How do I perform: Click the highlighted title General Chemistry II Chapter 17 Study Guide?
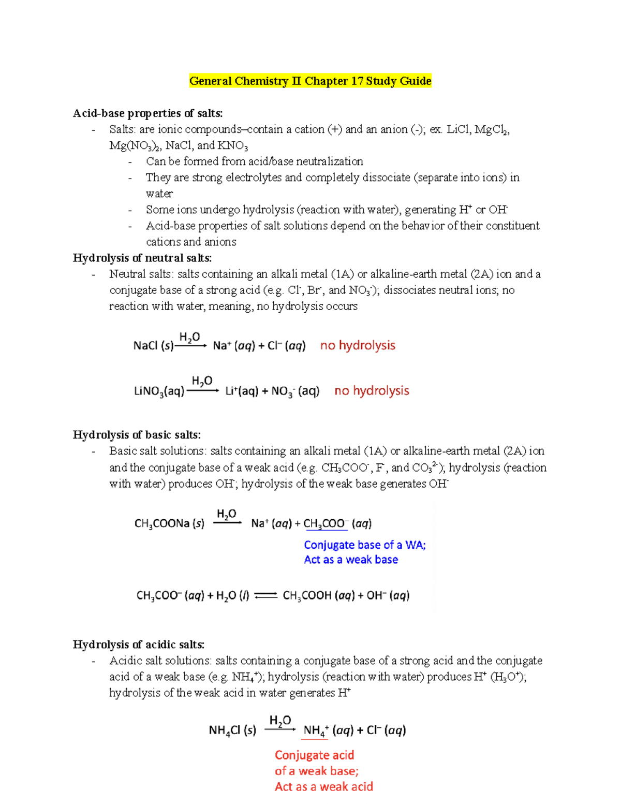310,81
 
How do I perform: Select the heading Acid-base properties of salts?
147,113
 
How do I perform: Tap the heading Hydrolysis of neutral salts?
142,258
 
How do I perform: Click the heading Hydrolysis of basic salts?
137,434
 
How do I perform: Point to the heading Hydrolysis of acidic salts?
138,645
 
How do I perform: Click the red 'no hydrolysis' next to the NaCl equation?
358,345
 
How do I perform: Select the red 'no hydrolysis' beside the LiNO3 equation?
372,390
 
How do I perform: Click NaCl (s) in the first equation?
153,346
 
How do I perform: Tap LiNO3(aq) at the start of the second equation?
159,391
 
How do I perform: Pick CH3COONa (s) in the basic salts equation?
169,523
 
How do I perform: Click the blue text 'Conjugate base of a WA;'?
365,545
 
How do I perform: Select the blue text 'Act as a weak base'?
351,560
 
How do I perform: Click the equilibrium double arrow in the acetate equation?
266,595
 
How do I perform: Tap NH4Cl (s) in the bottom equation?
232,730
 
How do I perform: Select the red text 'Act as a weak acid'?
323,786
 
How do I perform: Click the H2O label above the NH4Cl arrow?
280,720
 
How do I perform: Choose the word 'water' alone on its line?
159,194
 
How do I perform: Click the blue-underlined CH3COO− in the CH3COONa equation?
325,523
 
